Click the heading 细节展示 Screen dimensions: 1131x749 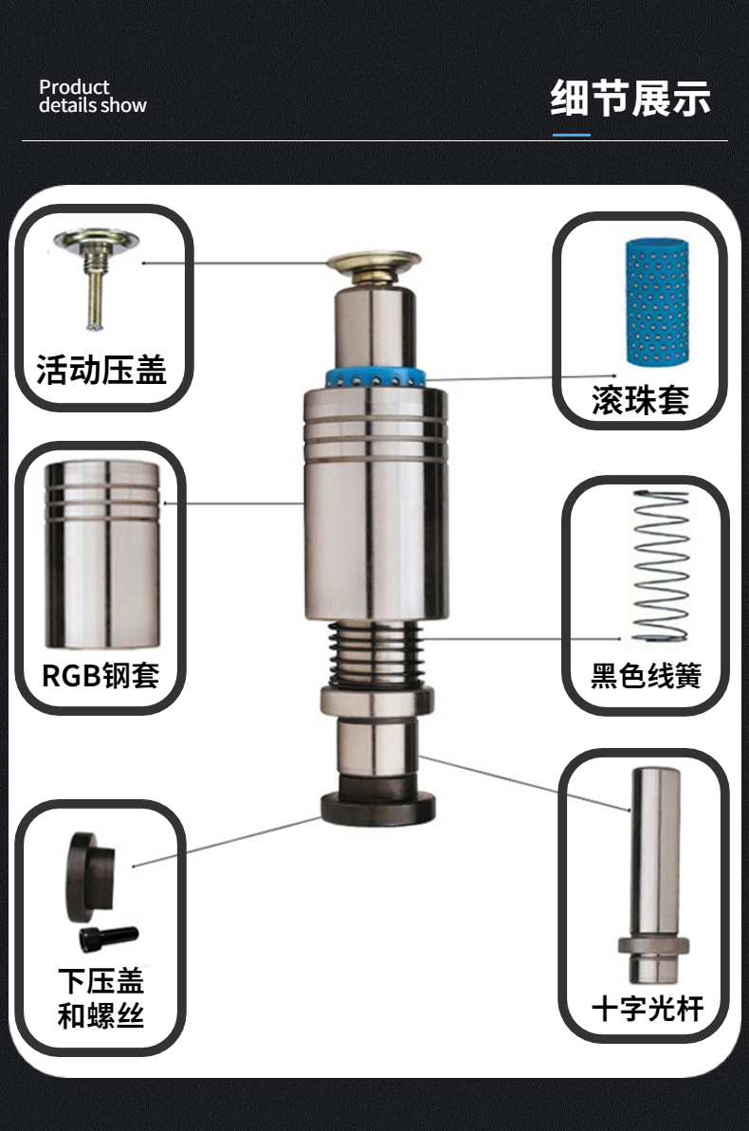pyautogui.click(x=630, y=99)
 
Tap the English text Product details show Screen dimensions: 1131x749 pyautogui.click(x=92, y=97)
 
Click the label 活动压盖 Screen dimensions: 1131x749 pyautogui.click(x=101, y=369)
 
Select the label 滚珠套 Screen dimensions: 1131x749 pyautogui.click(x=640, y=400)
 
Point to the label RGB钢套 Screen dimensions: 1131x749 pyautogui.click(x=100, y=675)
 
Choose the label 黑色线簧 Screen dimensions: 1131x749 pyautogui.click(x=646, y=677)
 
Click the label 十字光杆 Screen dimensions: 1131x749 pyautogui.click(x=648, y=1009)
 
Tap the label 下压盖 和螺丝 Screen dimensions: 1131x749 pyautogui.click(x=100, y=998)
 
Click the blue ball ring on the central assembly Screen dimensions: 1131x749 pyautogui.click(x=375, y=377)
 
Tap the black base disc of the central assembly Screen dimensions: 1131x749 pyautogui.click(x=377, y=808)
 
